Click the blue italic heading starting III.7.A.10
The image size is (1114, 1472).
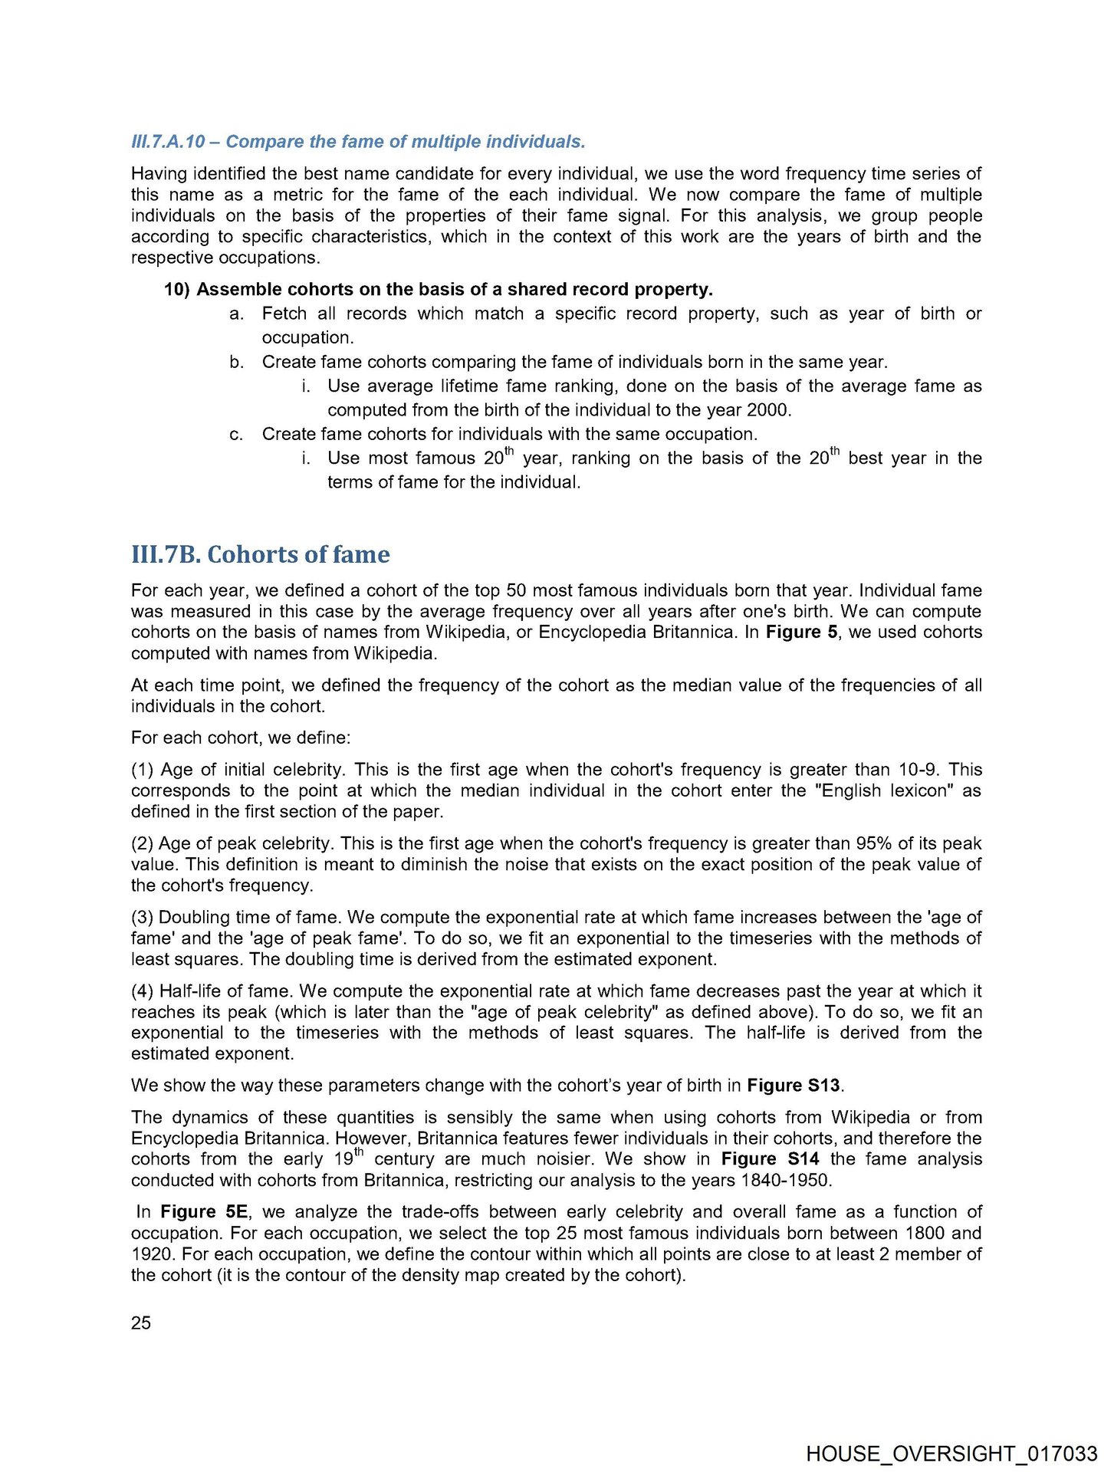358,142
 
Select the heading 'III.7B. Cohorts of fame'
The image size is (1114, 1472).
260,554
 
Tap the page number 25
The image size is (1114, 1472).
141,1322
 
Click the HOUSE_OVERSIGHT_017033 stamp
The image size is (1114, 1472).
951,1454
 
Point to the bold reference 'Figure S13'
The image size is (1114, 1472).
794,1086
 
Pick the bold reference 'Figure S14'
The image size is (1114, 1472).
770,1159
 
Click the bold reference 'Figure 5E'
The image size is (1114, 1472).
204,1212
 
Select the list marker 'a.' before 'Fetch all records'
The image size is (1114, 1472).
237,314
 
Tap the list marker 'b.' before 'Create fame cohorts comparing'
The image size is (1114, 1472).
237,363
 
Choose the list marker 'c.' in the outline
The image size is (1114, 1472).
237,435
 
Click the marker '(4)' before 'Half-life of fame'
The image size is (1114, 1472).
143,991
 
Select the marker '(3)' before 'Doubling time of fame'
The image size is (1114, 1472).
143,918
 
